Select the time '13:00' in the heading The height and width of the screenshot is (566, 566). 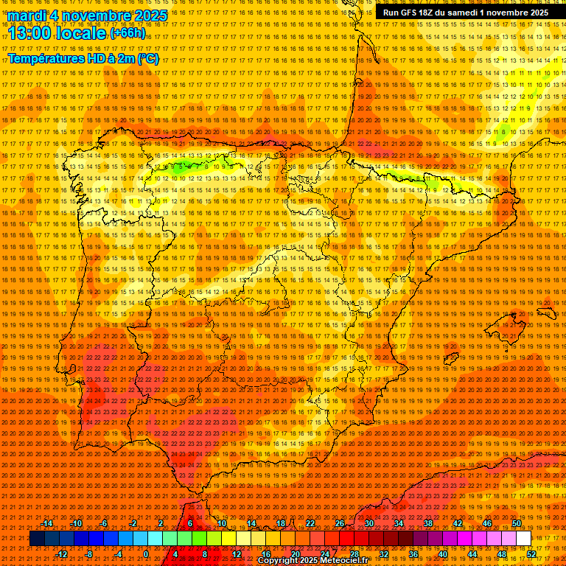click(x=34, y=32)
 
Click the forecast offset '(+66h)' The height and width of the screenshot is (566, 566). click(x=127, y=33)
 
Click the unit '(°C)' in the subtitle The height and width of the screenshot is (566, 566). click(x=147, y=59)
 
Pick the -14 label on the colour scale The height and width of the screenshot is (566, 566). click(x=47, y=523)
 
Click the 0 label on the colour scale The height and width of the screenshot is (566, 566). click(x=146, y=554)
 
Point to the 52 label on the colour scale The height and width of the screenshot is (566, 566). click(x=531, y=554)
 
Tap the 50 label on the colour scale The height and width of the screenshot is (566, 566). click(x=517, y=523)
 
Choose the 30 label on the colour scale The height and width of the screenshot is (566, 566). click(x=368, y=523)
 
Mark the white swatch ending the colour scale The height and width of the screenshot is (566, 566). click(x=524, y=539)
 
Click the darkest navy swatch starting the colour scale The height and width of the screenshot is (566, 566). click(x=37, y=539)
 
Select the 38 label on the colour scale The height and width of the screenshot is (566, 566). click(x=427, y=523)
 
